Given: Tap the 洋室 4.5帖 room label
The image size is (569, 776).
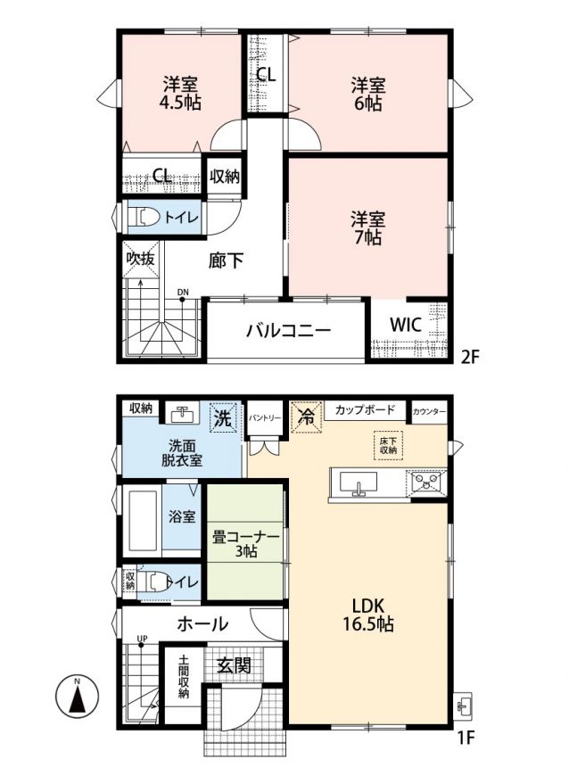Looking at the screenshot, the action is pyautogui.click(x=182, y=93).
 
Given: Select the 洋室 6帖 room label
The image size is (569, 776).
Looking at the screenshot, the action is pyautogui.click(x=368, y=94).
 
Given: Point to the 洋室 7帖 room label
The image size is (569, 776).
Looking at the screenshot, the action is pyautogui.click(x=368, y=228).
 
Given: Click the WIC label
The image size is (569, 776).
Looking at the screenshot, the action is pyautogui.click(x=406, y=325).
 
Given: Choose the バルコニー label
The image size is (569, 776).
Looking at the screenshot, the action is pyautogui.click(x=288, y=330).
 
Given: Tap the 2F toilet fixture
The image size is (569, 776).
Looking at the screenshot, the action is pyautogui.click(x=144, y=217).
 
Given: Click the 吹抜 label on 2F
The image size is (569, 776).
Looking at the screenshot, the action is pyautogui.click(x=141, y=259).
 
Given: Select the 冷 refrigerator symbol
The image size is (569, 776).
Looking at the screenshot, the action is pyautogui.click(x=306, y=417).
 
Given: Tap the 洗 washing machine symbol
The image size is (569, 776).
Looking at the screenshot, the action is pyautogui.click(x=223, y=417).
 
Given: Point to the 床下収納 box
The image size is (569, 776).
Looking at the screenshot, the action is pyautogui.click(x=389, y=445).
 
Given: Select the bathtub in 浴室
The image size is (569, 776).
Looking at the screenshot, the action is pyautogui.click(x=144, y=520).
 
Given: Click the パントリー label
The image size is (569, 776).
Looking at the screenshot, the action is pyautogui.click(x=265, y=417).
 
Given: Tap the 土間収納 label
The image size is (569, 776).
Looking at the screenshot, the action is pyautogui.click(x=184, y=676).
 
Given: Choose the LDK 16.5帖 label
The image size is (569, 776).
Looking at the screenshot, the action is pyautogui.click(x=368, y=615).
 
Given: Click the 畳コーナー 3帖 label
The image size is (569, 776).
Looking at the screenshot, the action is pyautogui.click(x=245, y=544).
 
